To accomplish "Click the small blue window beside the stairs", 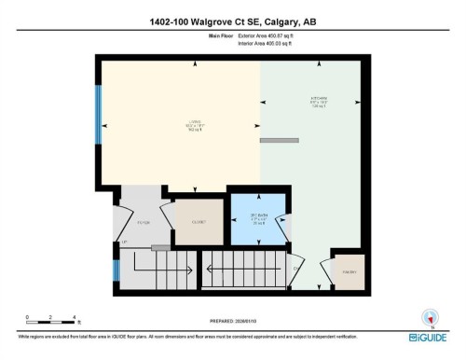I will (x=116, y=271).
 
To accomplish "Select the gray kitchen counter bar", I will (x=279, y=140).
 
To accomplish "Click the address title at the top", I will (x=233, y=21).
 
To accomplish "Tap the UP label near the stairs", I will (x=124, y=242).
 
